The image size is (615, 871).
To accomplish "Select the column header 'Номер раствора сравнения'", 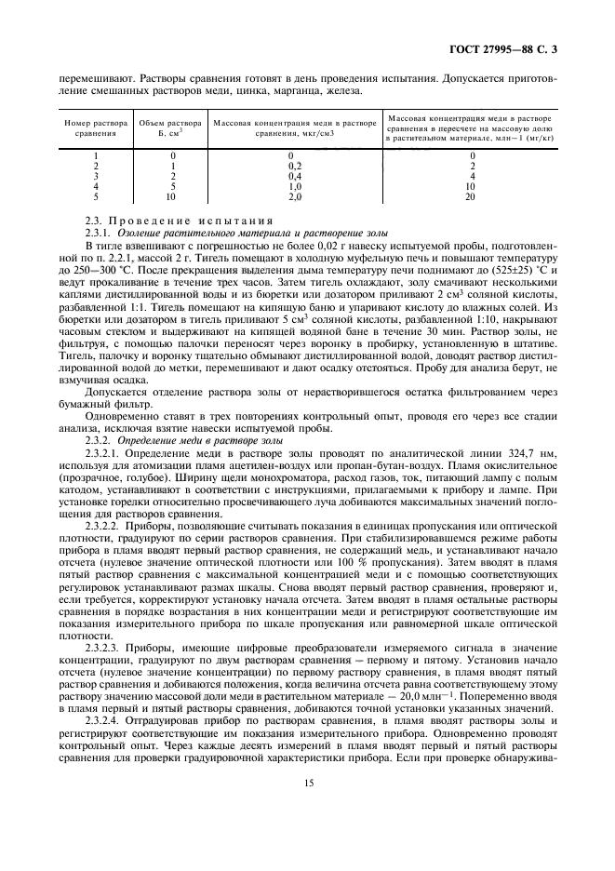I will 95,127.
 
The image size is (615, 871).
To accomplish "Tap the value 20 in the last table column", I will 470,196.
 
